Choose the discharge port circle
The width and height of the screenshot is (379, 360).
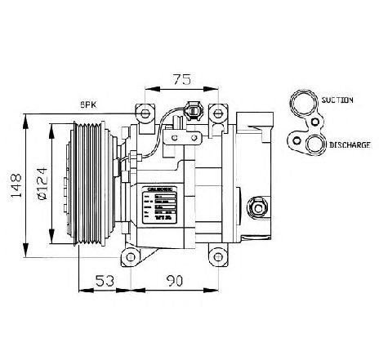click(x=314, y=145)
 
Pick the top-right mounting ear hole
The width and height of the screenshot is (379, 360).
click(x=220, y=110)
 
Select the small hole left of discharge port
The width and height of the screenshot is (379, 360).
click(x=295, y=140)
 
